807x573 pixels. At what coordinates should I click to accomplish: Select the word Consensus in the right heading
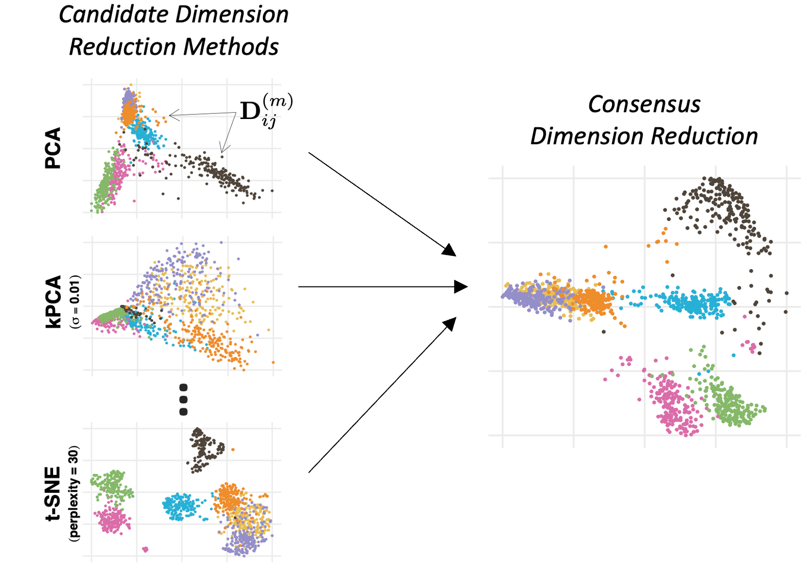644,105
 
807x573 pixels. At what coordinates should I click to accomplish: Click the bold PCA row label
53,148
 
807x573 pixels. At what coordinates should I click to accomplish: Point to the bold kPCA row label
53,301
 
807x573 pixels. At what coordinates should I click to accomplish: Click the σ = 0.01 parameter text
75,301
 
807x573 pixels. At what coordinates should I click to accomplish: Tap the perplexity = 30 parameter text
75,493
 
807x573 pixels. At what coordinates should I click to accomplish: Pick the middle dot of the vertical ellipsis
184,399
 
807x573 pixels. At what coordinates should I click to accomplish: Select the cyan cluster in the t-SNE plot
180,506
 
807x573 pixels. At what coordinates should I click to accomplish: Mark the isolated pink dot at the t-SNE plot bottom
145,550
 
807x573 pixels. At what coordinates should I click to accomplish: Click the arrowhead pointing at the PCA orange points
172,116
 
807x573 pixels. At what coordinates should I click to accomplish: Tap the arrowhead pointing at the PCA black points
223,150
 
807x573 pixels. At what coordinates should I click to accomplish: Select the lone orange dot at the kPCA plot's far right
273,363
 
